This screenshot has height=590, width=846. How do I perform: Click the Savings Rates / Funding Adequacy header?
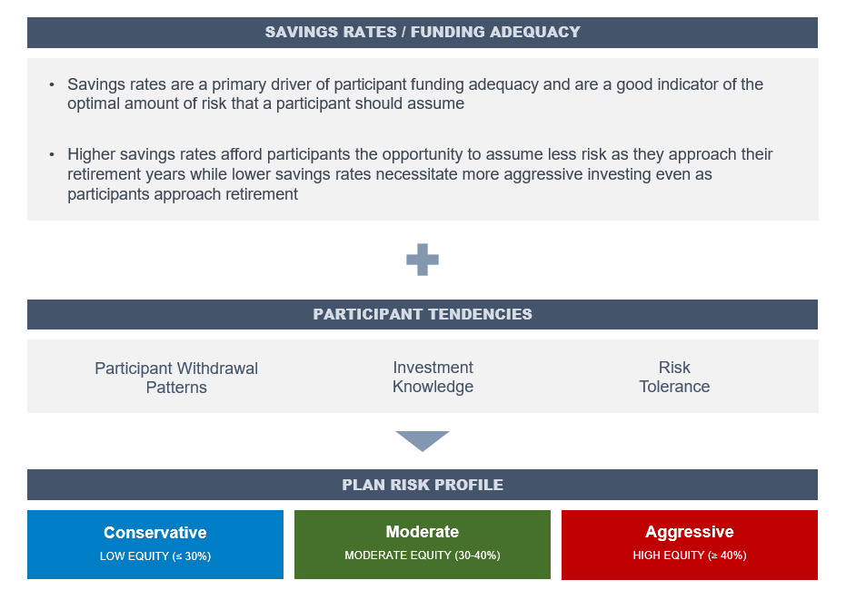coord(423,33)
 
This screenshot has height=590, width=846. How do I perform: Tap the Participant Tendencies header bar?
coord(423,314)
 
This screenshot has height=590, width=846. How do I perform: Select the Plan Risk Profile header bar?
coord(423,485)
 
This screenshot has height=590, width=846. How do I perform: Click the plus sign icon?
coord(423,260)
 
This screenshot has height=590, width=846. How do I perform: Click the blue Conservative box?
coord(155,545)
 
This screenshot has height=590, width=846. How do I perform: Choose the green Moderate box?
coord(423,545)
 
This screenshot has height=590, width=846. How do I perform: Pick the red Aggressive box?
coord(690,545)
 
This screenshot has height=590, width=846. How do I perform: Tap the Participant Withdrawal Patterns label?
coord(176,378)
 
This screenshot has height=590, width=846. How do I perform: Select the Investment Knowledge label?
coord(433,377)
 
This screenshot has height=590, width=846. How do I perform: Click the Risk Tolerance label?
coord(674,377)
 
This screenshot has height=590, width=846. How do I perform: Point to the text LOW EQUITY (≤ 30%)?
coord(155,556)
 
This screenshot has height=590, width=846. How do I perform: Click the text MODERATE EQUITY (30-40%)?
coord(423,555)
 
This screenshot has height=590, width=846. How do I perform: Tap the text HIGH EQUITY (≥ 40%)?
coord(690,555)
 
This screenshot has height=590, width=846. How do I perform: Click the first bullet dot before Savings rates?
coord(52,84)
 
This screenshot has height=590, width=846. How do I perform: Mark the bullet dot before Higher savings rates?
coord(52,154)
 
